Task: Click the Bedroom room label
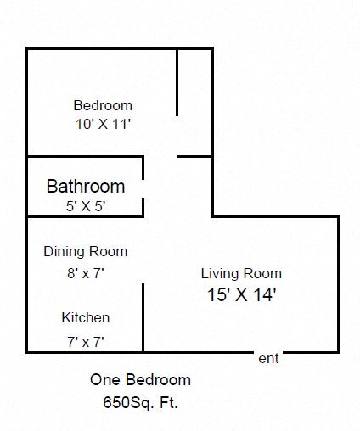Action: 103,106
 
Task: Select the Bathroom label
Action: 86,186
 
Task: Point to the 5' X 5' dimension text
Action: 86,206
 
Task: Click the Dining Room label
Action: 86,251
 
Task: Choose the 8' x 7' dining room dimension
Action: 86,272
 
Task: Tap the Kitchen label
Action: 86,318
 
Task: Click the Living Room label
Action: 241,274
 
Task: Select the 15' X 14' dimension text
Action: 241,295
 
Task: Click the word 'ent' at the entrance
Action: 268,359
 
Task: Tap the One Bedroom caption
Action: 141,380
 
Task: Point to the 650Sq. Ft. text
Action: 141,402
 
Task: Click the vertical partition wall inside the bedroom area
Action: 177,81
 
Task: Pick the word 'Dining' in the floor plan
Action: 64,251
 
